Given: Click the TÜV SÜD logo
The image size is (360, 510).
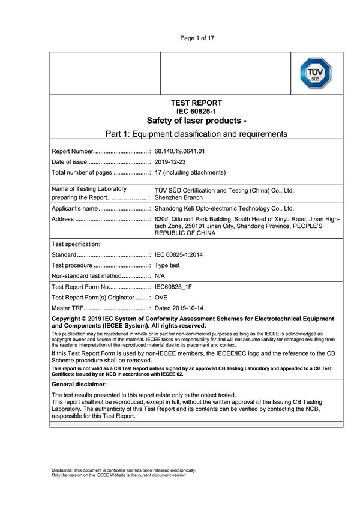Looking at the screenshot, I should point(316,73).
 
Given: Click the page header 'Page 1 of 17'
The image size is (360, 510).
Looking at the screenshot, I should point(197,38).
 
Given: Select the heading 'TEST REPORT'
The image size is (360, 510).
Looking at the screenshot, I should point(196,103).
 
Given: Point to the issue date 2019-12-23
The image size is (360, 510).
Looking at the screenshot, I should point(170,162).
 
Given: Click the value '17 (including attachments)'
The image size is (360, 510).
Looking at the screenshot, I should point(190,173).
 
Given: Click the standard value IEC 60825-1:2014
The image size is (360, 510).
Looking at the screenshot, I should point(178,255).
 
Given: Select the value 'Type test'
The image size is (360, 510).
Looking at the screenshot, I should point(167,265).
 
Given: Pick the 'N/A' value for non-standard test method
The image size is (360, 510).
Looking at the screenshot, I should point(160,276).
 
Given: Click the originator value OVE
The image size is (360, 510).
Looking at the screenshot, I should point(161,298).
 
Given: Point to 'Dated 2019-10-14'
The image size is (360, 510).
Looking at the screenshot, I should point(179,308).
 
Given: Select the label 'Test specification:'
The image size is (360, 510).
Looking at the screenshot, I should point(76,244).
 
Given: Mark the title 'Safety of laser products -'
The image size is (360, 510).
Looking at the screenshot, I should point(196,120).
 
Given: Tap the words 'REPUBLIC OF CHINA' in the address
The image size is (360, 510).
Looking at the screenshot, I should point(185,232).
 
